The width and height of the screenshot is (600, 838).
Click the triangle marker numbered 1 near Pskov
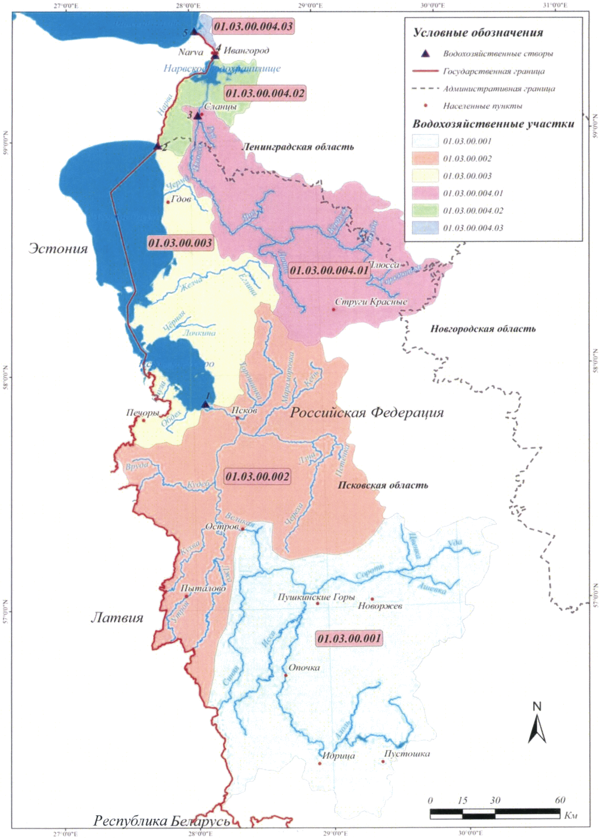click(206, 404)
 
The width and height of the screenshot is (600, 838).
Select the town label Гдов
click(181, 200)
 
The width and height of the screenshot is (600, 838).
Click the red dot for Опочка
click(286, 675)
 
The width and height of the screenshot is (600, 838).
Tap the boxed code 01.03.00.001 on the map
click(349, 638)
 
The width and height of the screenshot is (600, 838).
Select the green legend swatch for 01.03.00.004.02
click(426, 210)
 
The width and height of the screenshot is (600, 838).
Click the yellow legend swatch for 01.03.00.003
click(426, 176)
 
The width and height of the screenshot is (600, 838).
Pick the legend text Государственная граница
click(494, 71)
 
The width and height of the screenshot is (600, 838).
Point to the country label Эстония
click(58, 248)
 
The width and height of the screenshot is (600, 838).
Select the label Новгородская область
click(483, 329)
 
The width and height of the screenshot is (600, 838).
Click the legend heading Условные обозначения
click(478, 33)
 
